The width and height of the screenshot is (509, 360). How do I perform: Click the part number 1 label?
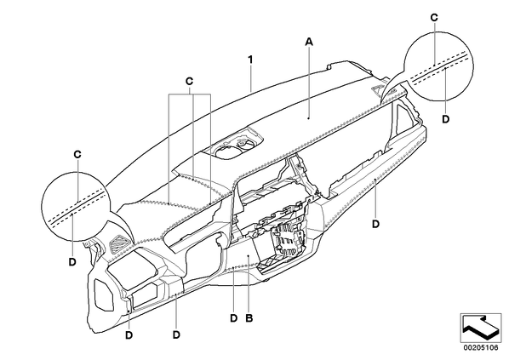(x=250, y=60)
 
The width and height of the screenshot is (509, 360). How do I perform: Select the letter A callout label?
(x=309, y=42)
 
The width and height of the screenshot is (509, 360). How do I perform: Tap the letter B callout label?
(x=249, y=318)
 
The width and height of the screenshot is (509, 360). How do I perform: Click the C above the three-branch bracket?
(x=190, y=81)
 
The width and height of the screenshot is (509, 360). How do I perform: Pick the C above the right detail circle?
(x=434, y=18)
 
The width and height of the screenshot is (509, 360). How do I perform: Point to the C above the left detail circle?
(x=77, y=154)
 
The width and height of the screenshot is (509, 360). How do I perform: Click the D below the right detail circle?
(x=446, y=119)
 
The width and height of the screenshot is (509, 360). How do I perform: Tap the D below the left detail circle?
(x=72, y=261)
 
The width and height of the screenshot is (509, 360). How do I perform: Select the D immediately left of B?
(x=234, y=318)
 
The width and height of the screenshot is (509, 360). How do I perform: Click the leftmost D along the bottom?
(x=129, y=335)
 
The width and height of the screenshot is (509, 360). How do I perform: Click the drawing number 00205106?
(x=480, y=348)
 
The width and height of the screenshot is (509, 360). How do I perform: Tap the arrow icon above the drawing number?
(x=480, y=328)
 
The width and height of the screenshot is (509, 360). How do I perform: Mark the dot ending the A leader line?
(x=309, y=119)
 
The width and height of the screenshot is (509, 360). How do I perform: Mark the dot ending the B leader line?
(x=249, y=256)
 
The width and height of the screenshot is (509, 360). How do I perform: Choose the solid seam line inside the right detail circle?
(x=439, y=67)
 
